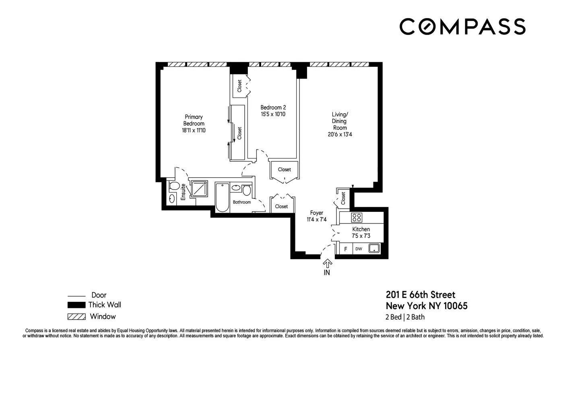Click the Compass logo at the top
[462, 27]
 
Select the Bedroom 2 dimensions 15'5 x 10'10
[273, 114]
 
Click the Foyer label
[316, 213]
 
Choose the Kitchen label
[361, 229]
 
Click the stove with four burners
[356, 217]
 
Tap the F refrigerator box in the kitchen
[345, 249]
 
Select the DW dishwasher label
[359, 249]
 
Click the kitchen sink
[374, 248]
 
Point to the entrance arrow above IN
[327, 263]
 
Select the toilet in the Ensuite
[174, 186]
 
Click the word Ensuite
[183, 192]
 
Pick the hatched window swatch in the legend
[76, 316]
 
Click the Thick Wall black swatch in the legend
[76, 305]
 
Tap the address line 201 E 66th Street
[421, 295]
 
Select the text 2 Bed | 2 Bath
[405, 317]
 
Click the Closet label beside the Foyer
[281, 206]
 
